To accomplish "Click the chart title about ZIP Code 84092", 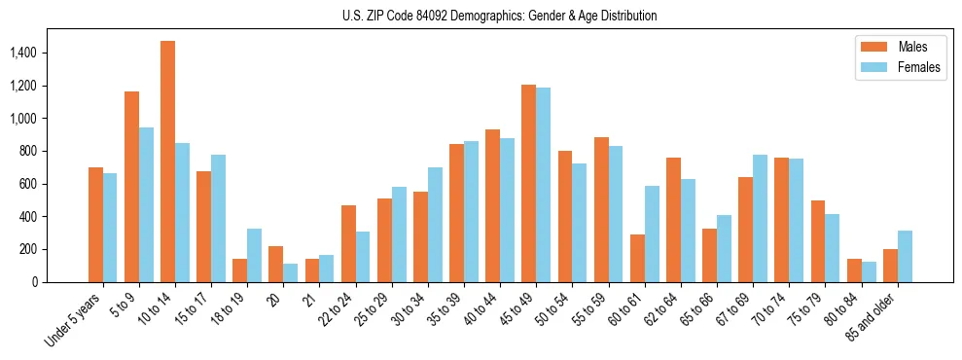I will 500,16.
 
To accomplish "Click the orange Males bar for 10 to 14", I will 168,162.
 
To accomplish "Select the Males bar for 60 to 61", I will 637,258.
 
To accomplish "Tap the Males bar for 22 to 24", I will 348,243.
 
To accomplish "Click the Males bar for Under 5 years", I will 95,225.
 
